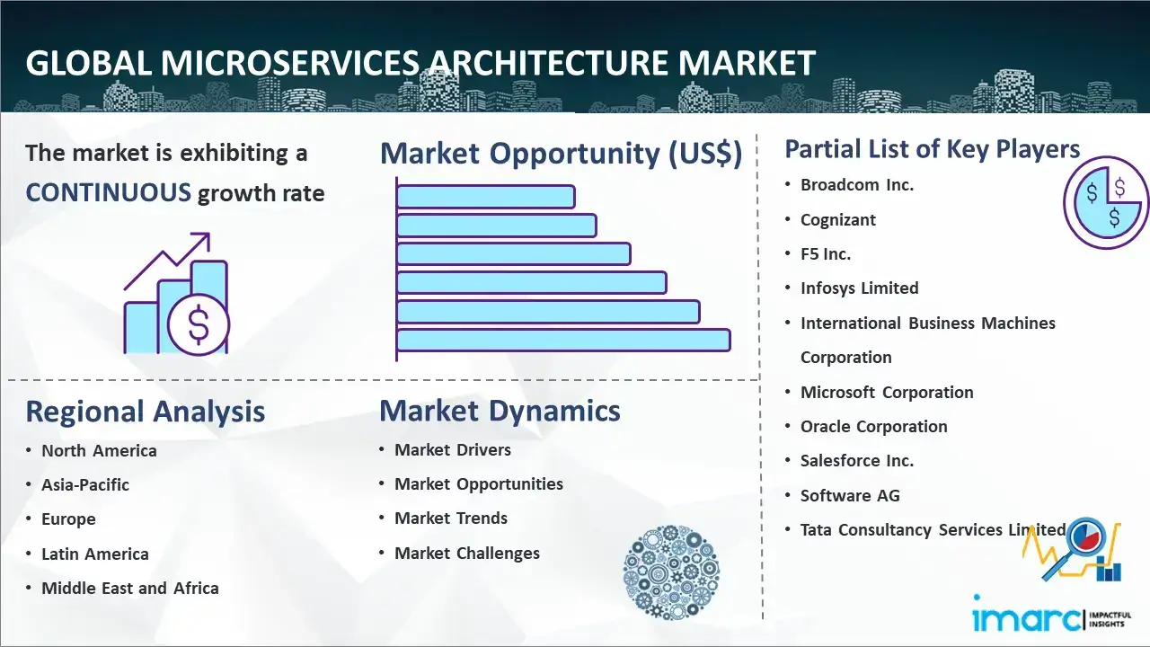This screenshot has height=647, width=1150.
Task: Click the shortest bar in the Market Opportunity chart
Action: (x=486, y=197)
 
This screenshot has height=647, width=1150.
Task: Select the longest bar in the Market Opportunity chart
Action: (x=563, y=341)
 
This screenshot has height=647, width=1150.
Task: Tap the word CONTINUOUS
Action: (x=109, y=193)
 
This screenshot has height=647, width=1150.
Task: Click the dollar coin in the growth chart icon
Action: (x=199, y=325)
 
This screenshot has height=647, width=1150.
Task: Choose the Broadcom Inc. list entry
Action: (x=857, y=185)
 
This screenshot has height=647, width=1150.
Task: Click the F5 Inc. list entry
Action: (x=826, y=253)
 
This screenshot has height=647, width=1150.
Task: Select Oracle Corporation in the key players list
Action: (x=874, y=426)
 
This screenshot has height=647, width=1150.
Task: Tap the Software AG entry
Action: (x=850, y=495)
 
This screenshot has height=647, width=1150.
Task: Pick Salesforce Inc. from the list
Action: (x=857, y=461)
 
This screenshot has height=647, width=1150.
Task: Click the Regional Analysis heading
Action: (x=146, y=412)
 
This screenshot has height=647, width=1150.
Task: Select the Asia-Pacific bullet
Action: (x=85, y=484)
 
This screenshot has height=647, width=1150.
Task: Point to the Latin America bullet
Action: (x=95, y=554)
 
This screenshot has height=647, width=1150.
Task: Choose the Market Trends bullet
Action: (x=451, y=518)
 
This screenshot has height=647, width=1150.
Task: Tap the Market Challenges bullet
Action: (x=466, y=553)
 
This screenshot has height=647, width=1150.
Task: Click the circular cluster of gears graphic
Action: (x=671, y=572)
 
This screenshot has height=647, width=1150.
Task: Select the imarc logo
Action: (x=1051, y=616)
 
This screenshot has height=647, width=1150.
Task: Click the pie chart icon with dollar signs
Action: (x=1105, y=203)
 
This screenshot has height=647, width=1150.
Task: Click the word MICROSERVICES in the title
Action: (x=290, y=63)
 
